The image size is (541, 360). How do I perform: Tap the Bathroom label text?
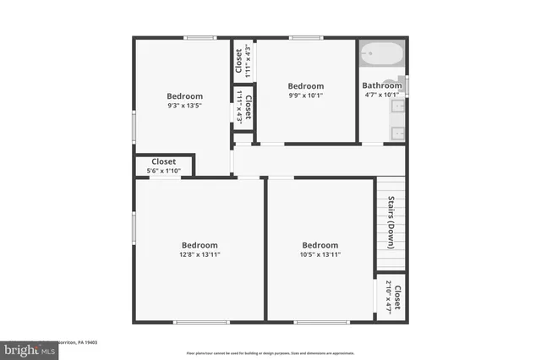tap(382, 85)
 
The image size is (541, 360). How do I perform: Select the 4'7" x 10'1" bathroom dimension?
tap(382, 95)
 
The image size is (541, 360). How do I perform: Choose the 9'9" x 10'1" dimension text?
tap(305, 96)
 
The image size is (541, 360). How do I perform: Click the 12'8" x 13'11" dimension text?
tap(199, 254)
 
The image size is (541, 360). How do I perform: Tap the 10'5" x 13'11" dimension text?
tap(320, 254)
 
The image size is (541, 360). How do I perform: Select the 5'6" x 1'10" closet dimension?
tap(163, 172)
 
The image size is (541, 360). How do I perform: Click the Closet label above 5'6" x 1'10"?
tap(163, 161)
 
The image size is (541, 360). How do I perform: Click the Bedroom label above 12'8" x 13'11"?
tap(199, 245)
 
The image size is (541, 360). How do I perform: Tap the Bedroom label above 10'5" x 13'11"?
tap(320, 245)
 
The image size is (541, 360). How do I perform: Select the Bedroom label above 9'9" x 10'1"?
tap(305, 86)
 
